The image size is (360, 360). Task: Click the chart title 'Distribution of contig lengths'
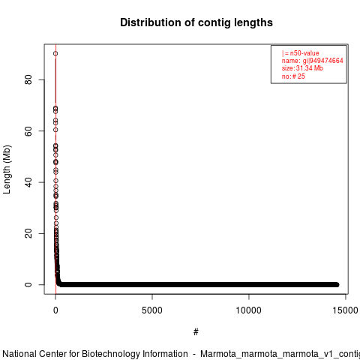coord(196,22)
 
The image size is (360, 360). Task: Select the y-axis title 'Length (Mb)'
coord(7,169)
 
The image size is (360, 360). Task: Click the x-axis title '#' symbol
coord(196,332)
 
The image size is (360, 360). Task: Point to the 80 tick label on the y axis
coord(28,79)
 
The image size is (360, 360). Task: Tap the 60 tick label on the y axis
coord(28,131)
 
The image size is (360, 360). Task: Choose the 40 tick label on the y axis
coord(28,182)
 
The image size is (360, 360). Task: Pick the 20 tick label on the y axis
coord(28,233)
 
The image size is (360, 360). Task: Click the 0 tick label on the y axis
coord(28,285)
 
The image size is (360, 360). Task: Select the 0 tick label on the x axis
coord(55,310)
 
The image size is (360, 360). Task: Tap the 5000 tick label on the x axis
coord(152,310)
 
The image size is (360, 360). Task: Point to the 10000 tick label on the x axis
coord(249,310)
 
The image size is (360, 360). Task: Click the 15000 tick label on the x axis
coord(346,310)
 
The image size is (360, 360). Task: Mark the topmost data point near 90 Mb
coord(55,53)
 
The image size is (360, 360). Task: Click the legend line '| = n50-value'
coord(301,53)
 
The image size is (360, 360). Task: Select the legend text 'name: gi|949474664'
coord(313,61)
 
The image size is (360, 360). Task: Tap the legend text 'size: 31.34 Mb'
coord(302,68)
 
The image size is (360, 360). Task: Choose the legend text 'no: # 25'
coord(293,76)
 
